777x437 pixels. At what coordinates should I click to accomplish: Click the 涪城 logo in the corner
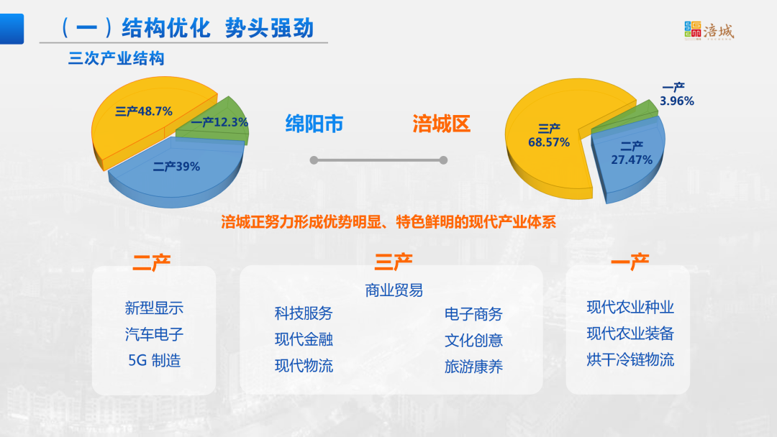point(709,31)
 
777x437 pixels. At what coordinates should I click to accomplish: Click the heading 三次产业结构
point(116,58)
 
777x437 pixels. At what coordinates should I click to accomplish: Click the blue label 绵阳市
point(314,124)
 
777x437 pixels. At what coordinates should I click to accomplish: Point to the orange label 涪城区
point(442,124)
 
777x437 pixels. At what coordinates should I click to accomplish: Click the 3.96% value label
point(677,101)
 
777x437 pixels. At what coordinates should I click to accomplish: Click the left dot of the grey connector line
point(314,160)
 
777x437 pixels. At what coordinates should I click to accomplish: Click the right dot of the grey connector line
point(443,160)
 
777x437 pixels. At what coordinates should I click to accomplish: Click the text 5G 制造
point(154,360)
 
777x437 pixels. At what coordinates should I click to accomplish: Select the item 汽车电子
point(154,334)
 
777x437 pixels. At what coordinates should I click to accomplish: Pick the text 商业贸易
point(394,290)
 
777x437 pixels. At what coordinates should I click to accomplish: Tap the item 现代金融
point(304,339)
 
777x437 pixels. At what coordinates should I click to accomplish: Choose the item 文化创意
point(473,340)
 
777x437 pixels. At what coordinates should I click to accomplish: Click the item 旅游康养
point(473,367)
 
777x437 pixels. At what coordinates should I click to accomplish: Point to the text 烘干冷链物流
point(630,359)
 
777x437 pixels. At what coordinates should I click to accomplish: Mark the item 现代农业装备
point(630,333)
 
